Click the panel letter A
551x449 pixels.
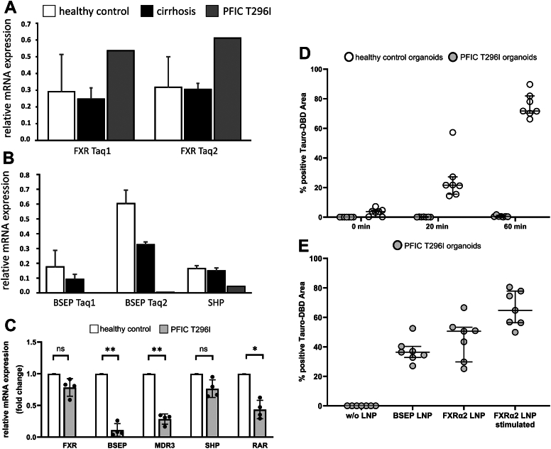(9, 10)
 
